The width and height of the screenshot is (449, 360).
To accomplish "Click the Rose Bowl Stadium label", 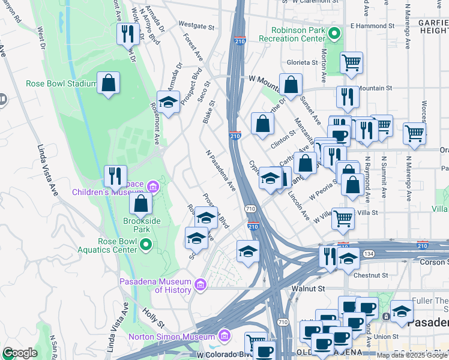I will [x=61, y=83].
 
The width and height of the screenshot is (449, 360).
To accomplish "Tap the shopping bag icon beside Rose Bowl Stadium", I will [x=108, y=83].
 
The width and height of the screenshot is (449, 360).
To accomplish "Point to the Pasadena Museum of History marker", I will [x=203, y=282].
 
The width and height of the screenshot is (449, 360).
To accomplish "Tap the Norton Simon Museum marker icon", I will [x=224, y=334].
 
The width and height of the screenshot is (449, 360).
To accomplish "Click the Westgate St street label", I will [x=196, y=26].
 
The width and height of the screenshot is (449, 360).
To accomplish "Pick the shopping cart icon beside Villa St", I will [x=343, y=218].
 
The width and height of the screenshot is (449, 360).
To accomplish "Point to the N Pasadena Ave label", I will [x=220, y=171].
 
